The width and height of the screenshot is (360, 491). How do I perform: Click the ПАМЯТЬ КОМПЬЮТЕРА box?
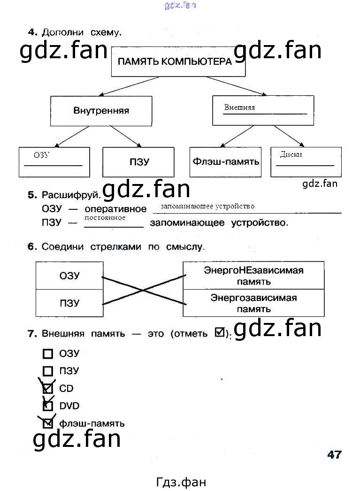tap(178, 61)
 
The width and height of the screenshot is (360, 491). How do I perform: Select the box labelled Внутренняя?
tap(101, 111)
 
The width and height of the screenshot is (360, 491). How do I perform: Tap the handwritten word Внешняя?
tap(239, 107)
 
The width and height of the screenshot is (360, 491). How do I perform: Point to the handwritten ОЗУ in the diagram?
tap(41, 155)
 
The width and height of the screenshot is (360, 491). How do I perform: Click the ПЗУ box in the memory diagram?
tap(138, 162)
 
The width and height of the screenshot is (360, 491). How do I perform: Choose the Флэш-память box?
tap(226, 162)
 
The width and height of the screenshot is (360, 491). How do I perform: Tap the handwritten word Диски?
tap(291, 154)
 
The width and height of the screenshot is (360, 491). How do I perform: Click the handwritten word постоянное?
tap(105, 218)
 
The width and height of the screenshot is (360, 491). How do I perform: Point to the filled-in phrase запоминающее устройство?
tap(207, 206)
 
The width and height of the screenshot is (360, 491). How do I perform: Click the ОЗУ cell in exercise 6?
tap(69, 276)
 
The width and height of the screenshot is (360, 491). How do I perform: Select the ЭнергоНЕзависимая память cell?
tap(253, 276)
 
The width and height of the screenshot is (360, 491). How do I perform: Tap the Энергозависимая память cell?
tap(253, 303)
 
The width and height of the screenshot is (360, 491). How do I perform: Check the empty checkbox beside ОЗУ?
tap(47, 354)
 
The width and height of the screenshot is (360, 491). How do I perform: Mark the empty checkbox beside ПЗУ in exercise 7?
tap(47, 371)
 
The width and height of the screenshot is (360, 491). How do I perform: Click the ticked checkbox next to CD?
tap(47, 388)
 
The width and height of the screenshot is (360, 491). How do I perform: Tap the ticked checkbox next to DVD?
tap(47, 406)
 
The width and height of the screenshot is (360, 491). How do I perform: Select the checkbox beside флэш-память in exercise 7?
tap(47, 423)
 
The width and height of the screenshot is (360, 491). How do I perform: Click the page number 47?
tap(334, 454)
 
